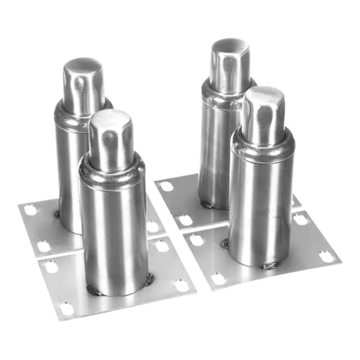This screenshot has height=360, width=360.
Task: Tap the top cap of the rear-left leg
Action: pos(83,69)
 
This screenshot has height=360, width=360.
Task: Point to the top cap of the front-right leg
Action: pos(264,98)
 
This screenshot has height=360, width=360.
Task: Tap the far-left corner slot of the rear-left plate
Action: pos(28,210)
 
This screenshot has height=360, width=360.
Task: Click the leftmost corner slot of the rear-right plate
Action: pos(167,186)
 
